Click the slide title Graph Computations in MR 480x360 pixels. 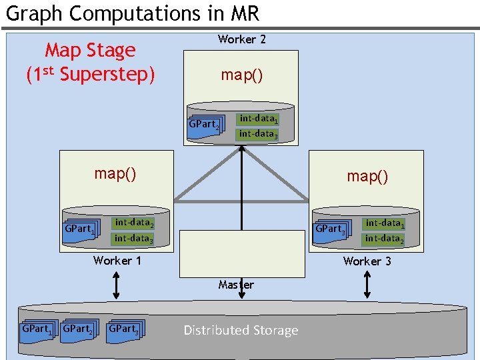(x=132, y=13)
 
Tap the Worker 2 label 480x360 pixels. (x=241, y=39)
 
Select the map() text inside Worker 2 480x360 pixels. (x=241, y=75)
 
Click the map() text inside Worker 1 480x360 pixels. (x=115, y=173)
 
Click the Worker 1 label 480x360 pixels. (x=117, y=261)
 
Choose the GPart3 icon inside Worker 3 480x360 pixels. (x=331, y=229)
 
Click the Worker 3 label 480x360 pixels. (x=367, y=261)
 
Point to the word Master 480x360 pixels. (x=236, y=285)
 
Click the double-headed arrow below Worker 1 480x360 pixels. (x=117, y=285)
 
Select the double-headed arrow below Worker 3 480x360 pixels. (x=367, y=285)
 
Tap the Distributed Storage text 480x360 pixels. (x=241, y=330)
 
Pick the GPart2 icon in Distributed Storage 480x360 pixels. (x=78, y=329)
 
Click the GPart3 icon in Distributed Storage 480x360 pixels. (x=125, y=329)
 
